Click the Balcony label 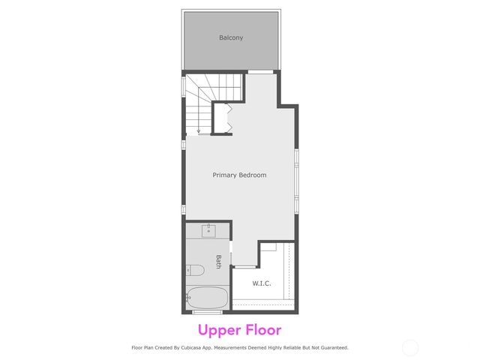231,37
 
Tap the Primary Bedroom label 239,175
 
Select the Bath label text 218,261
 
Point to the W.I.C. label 262,283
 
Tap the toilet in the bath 194,270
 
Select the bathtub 206,298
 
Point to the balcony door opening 261,71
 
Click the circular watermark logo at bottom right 410,347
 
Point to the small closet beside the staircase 221,118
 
